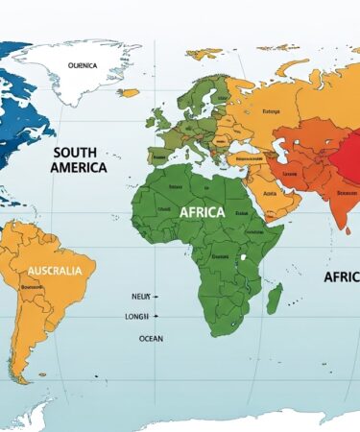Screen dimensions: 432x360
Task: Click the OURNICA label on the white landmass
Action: click(x=84, y=65)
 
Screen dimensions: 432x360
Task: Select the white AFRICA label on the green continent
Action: click(x=202, y=211)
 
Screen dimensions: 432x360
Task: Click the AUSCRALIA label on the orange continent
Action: click(x=55, y=271)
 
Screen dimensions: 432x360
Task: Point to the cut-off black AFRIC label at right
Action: click(x=341, y=276)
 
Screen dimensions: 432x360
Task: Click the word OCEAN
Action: click(x=151, y=338)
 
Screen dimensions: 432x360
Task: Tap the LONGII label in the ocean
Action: click(x=138, y=316)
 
